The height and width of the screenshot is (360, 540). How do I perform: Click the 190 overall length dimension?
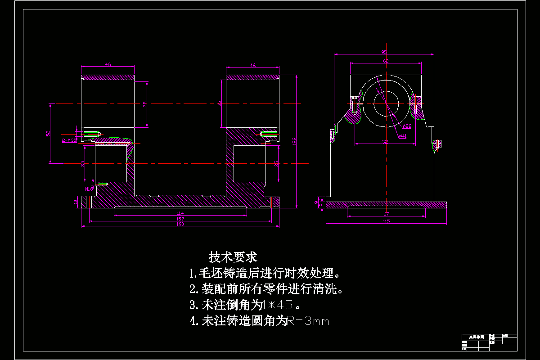coord(180,224)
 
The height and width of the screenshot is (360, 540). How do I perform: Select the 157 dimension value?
coord(180,219)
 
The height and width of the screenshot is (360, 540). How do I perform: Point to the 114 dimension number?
coord(180,213)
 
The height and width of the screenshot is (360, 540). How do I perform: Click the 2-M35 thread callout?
coord(69,140)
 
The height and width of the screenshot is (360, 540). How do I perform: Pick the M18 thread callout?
coord(88,189)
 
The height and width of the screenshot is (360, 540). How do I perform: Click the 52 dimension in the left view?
coord(48,134)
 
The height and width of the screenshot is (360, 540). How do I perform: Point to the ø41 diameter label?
coord(402,136)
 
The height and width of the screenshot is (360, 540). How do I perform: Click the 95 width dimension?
coord(384,52)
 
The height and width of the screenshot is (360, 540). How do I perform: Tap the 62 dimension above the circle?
coord(386,61)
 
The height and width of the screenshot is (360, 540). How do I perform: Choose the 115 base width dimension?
coord(386,221)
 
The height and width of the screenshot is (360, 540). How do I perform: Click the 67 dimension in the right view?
coord(386,214)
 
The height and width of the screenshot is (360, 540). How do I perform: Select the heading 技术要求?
coord(233,257)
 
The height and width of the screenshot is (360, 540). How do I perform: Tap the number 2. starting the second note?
coord(193,288)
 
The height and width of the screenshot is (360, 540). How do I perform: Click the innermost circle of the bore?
coord(386,104)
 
